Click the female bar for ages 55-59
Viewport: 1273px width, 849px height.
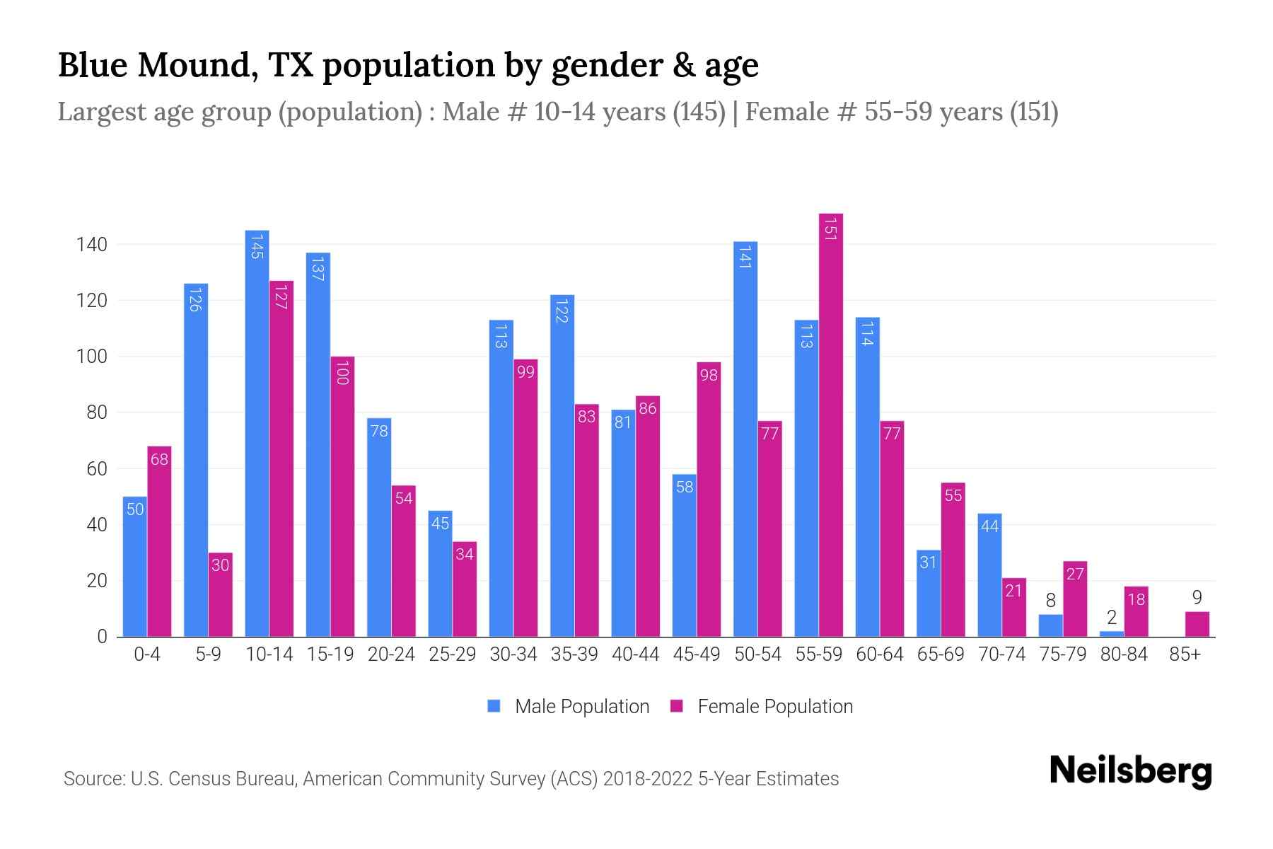(x=831, y=424)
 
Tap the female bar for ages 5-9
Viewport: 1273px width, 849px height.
(x=221, y=594)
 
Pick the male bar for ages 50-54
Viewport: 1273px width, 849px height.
(x=745, y=439)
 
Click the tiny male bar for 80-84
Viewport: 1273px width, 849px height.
(x=1112, y=634)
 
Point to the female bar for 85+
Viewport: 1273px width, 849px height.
(x=1197, y=624)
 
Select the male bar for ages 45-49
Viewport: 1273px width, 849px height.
(x=684, y=555)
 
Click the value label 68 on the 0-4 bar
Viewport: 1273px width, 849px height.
(x=159, y=460)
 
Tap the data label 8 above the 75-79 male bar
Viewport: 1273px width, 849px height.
(x=1050, y=601)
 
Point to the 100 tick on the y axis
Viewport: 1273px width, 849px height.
(x=91, y=357)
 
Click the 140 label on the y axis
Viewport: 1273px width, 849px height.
(x=91, y=245)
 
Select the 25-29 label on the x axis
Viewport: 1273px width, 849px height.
(x=452, y=654)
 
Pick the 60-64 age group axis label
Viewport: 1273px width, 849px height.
(x=879, y=654)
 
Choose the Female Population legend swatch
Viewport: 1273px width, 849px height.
(x=677, y=706)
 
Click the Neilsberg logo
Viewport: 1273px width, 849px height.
(x=1130, y=771)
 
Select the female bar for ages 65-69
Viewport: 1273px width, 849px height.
(x=953, y=559)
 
